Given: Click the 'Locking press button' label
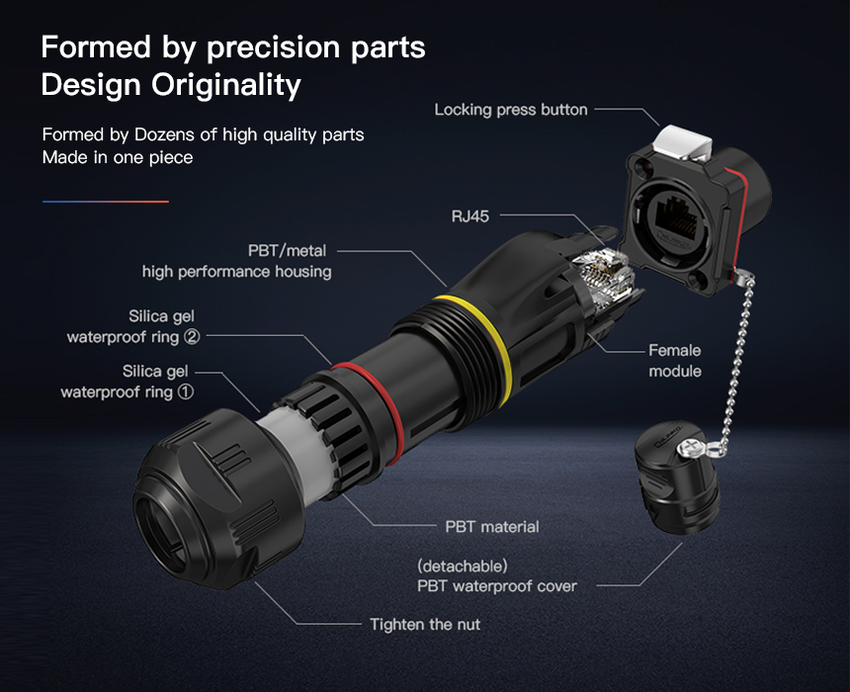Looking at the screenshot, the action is coord(511,110).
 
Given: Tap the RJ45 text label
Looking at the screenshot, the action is coord(470,216).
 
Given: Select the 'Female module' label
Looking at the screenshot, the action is coord(675,361).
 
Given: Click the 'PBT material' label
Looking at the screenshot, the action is coord(491,527).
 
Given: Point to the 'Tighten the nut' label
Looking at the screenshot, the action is coord(425,624).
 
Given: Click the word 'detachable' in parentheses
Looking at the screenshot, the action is coord(463,566).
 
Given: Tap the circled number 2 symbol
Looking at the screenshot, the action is coord(192,337).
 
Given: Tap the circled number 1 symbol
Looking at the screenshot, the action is coord(186,391).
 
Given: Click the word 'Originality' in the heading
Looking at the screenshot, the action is coord(225,85).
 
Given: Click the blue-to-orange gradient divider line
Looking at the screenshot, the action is coord(106,202).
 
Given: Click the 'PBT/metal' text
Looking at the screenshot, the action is coord(288,250).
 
